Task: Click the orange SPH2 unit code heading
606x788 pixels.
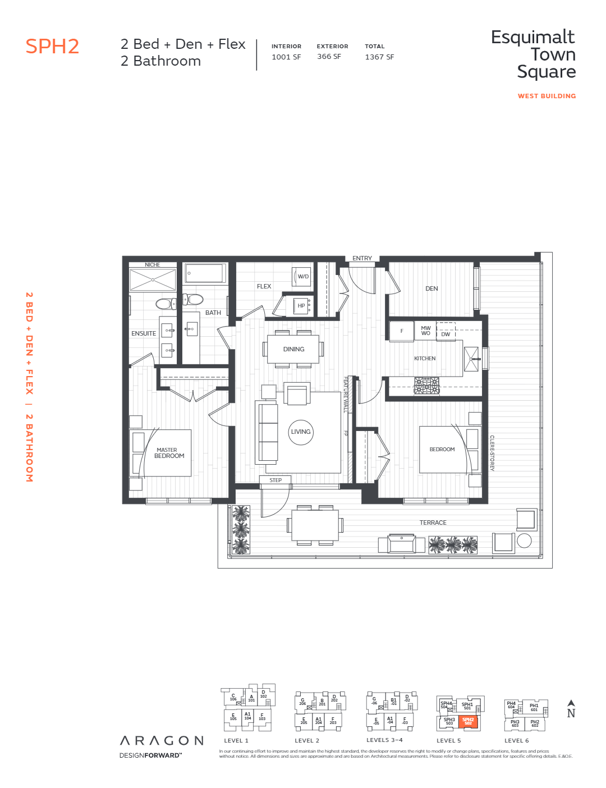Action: [52, 47]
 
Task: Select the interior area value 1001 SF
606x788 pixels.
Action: [286, 57]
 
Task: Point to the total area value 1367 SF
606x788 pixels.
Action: [379, 57]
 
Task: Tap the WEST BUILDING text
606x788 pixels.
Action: [547, 96]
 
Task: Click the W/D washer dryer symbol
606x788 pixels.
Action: [302, 276]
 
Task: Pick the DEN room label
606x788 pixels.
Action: [431, 288]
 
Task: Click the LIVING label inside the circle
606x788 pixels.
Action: [301, 432]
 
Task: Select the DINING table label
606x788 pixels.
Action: [293, 349]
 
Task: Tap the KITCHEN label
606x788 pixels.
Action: [425, 358]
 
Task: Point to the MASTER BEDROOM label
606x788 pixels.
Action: [168, 453]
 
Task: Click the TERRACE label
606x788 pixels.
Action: [433, 523]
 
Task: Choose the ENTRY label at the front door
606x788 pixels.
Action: [362, 258]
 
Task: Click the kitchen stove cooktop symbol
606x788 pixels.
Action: [426, 386]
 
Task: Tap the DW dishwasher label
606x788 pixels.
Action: [446, 334]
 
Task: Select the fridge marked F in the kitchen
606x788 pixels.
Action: [402, 331]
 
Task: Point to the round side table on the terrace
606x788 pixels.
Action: [524, 540]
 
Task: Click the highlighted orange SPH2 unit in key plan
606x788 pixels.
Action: [468, 721]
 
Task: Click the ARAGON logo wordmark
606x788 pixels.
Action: [162, 741]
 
